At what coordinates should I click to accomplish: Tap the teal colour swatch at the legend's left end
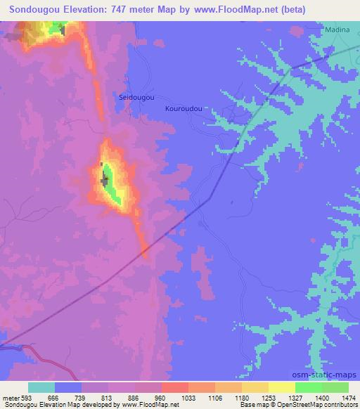(x=41, y=387)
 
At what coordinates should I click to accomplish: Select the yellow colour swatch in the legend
(x=281, y=387)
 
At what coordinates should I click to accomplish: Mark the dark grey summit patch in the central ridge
(x=105, y=178)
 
